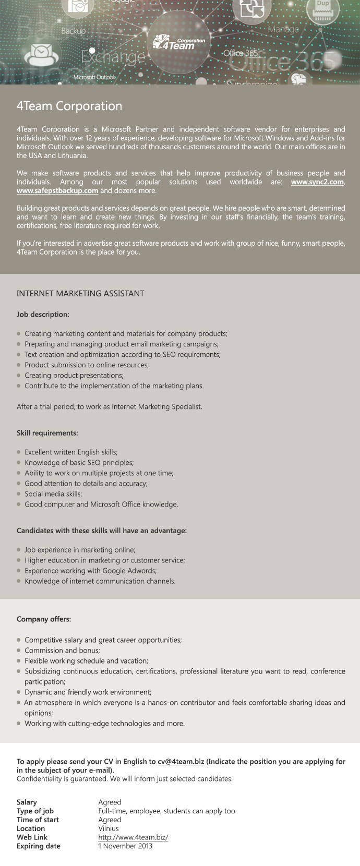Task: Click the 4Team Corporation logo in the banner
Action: coord(178,42)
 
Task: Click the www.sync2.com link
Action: coord(317,182)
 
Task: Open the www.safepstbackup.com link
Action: coord(57,191)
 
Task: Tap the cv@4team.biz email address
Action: coord(181,762)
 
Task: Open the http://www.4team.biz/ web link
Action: coord(133,837)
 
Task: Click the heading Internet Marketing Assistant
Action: coord(80,294)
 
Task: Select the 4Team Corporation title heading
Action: coord(69,106)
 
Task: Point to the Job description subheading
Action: coord(43,315)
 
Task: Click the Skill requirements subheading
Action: coord(47,433)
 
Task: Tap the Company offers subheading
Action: coord(44,619)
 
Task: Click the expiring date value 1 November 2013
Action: coord(125,846)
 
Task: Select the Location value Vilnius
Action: coord(109,828)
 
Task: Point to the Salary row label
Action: coord(27,802)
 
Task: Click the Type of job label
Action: coord(35,811)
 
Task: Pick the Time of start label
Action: coord(38,820)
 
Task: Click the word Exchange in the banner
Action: coord(113,57)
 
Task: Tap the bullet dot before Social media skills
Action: coord(19,494)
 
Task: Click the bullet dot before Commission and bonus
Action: coord(19,651)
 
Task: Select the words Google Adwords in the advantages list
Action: coord(130,571)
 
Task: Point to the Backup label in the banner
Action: coord(73,31)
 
